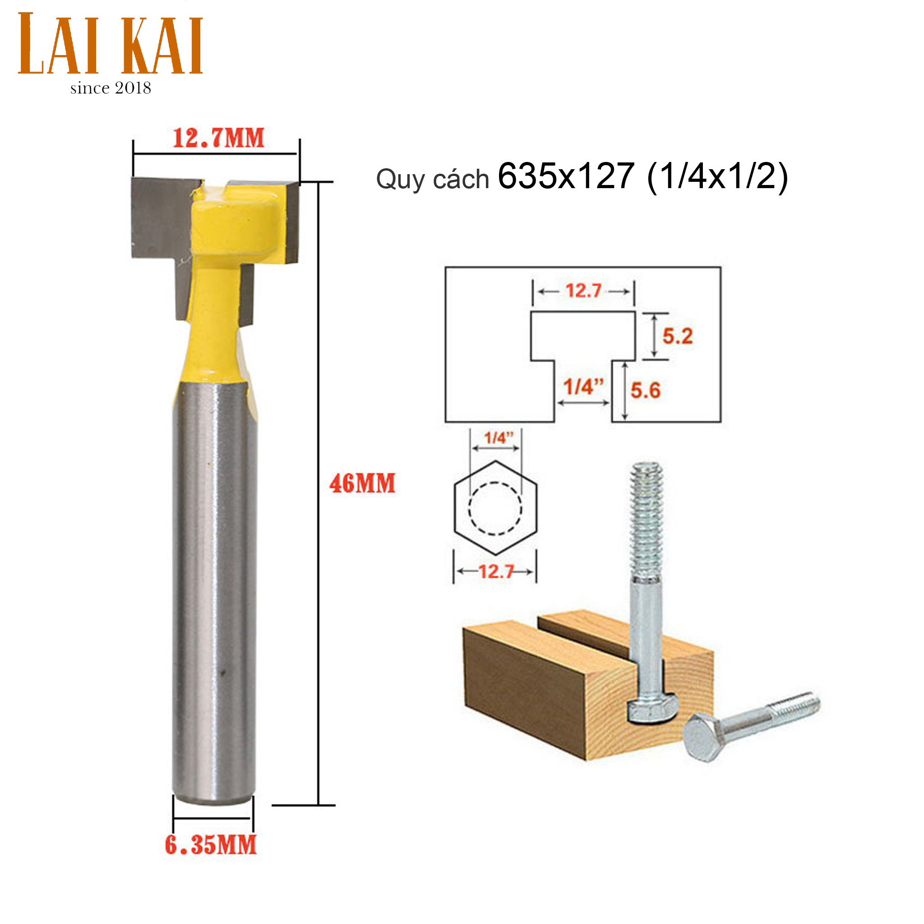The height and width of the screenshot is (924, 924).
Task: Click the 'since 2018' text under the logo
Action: pos(111,88)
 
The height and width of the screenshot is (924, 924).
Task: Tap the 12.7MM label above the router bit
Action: pos(218,138)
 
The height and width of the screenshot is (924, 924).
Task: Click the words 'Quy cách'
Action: pos(432,180)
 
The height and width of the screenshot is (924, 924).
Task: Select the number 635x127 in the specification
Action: pos(566,176)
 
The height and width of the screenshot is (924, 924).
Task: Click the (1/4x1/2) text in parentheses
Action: pos(717,177)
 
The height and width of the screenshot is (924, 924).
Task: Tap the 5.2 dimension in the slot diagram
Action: pos(677,336)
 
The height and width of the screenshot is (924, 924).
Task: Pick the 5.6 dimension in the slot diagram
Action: pos(645,390)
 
